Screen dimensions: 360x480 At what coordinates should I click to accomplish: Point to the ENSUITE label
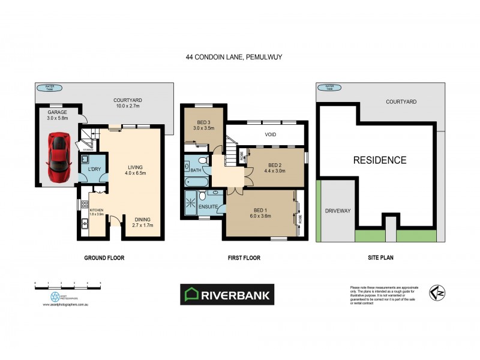click(x=209, y=207)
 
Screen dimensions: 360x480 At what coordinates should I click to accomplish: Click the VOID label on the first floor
click(x=271, y=135)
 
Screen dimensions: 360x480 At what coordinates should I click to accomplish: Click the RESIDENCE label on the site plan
click(x=379, y=160)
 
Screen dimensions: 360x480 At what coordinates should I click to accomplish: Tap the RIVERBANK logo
click(x=227, y=295)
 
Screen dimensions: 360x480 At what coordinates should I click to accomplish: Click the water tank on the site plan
click(x=329, y=87)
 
